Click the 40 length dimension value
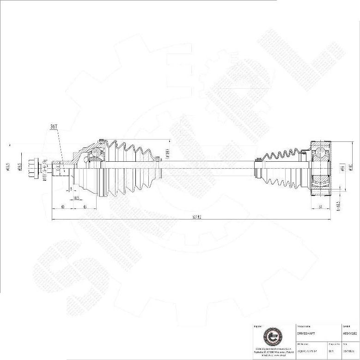(62, 207)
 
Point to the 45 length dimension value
(85, 207)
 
